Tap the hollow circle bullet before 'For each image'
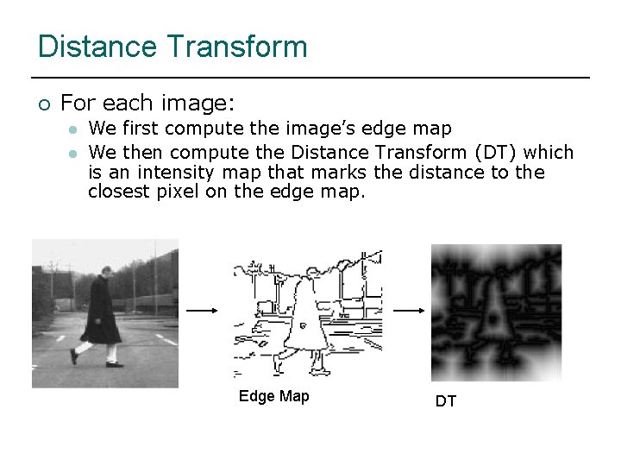pyautogui.click(x=45, y=105)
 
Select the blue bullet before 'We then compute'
pyautogui.click(x=74, y=154)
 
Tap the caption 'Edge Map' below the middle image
pyautogui.click(x=273, y=396)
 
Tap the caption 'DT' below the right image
pyautogui.click(x=446, y=401)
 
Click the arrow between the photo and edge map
pyautogui.click(x=202, y=311)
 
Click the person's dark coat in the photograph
pyautogui.click(x=102, y=312)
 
